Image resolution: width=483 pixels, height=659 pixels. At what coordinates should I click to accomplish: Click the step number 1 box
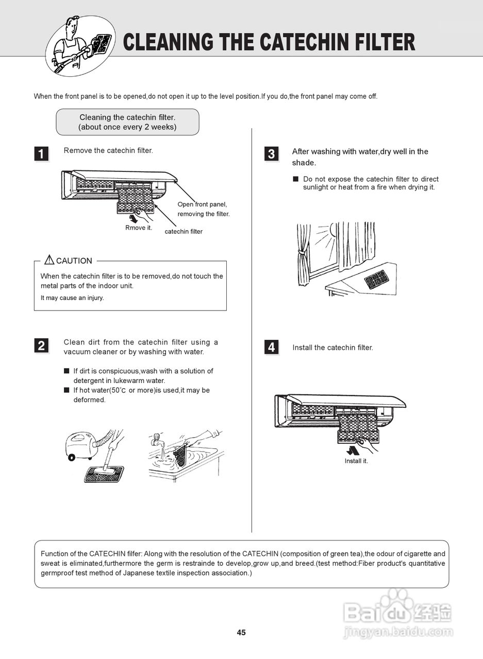(41, 153)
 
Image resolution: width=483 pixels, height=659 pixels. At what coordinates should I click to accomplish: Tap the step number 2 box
(41, 345)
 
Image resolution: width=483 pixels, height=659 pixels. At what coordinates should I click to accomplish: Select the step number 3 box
(271, 153)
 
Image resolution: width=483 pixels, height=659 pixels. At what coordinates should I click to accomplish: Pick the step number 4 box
(271, 348)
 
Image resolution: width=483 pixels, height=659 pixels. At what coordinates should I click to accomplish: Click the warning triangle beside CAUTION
(49, 259)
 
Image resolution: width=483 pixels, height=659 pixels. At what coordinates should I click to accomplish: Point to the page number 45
(241, 633)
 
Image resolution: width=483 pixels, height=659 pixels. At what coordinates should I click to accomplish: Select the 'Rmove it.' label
(139, 228)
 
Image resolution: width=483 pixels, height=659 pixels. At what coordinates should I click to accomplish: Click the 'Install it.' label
(356, 461)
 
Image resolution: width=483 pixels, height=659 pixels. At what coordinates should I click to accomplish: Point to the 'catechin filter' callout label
(184, 232)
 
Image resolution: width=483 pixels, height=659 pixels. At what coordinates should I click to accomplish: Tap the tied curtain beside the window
(303, 255)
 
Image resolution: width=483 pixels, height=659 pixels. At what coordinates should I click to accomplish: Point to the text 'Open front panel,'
(202, 204)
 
